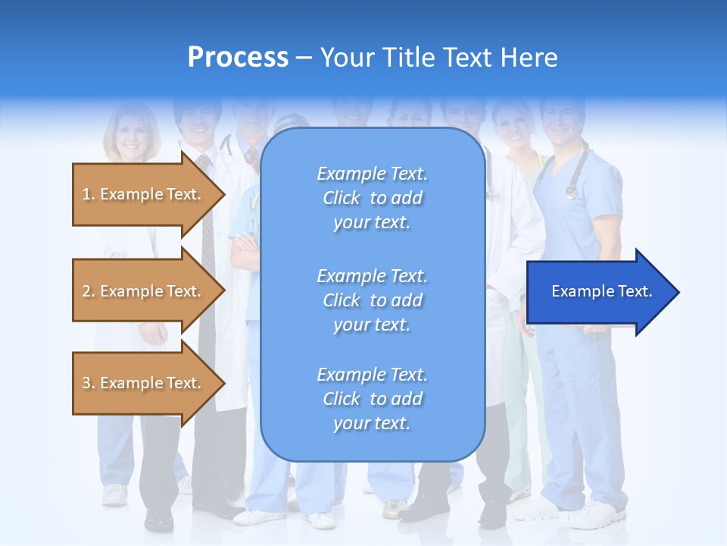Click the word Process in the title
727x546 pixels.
click(x=238, y=58)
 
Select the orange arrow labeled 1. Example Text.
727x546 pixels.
click(x=143, y=194)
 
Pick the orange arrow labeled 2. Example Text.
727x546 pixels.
click(x=143, y=291)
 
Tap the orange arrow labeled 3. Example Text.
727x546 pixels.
click(x=143, y=383)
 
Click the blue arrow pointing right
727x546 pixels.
click(x=598, y=291)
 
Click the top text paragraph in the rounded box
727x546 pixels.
click(x=372, y=198)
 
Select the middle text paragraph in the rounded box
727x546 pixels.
click(x=372, y=300)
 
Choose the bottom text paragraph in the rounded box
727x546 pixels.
click(x=372, y=399)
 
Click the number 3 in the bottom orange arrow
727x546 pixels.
click(x=86, y=383)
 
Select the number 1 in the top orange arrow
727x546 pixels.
click(x=86, y=194)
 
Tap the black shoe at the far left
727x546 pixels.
click(x=159, y=519)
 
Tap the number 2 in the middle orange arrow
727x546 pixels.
click(x=86, y=291)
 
